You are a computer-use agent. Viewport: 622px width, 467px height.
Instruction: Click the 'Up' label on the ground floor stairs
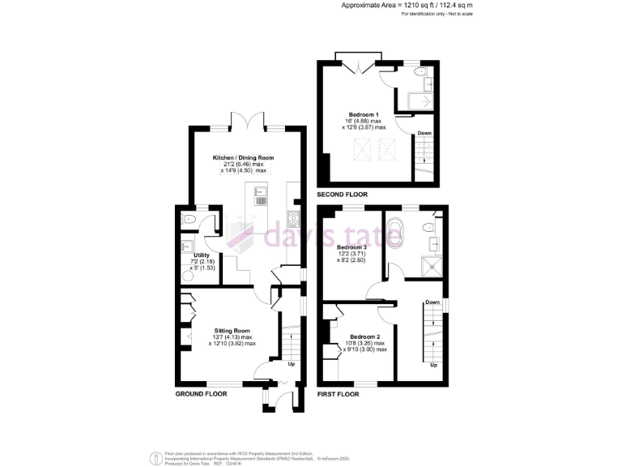coord(291,364)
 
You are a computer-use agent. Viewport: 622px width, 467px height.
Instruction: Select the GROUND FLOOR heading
coord(201,393)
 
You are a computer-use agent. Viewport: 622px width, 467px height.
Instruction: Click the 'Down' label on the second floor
coord(424,133)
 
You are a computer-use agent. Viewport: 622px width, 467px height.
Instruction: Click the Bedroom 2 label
coord(365,336)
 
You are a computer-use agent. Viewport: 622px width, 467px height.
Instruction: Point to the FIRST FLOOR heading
coord(339,393)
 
